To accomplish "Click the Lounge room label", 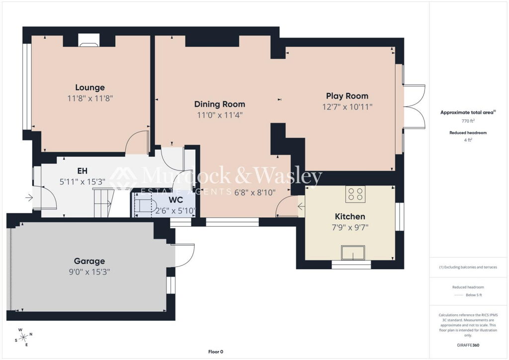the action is [90, 88].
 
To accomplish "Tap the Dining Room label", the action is [220, 104].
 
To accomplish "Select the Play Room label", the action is [347, 96].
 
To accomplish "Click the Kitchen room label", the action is [350, 216].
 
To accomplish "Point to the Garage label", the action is [89, 261].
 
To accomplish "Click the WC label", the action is [175, 200].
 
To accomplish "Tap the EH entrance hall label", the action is [82, 171].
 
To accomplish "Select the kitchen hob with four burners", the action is [355, 194].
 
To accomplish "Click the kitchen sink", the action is [353, 253].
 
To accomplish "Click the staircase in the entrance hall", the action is [104, 202].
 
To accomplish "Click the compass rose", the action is [23, 338].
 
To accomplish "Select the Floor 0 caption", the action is [216, 352].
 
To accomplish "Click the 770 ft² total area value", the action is [468, 121].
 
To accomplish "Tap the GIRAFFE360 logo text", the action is [468, 345].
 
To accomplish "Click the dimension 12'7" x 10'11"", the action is [347, 107].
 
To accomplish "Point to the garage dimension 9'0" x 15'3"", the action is [89, 271].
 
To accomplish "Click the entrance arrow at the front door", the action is [29, 197].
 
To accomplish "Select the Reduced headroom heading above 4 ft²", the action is [468, 133].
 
